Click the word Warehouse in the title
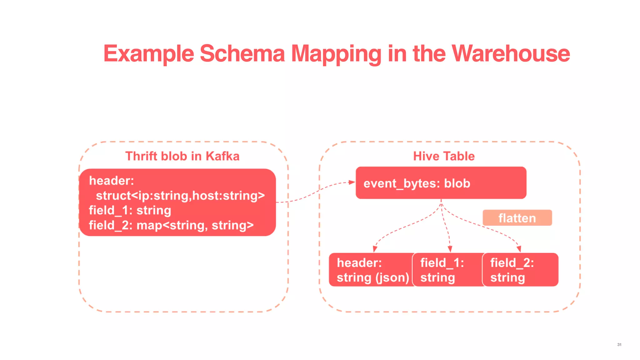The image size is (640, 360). pos(511,53)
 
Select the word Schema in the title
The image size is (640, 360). pos(242,53)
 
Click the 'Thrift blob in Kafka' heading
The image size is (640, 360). pos(182,156)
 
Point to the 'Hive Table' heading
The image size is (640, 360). pos(444,156)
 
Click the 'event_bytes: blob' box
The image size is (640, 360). pos(441,183)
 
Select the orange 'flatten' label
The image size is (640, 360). pos(517,218)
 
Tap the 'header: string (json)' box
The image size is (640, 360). pos(372,270)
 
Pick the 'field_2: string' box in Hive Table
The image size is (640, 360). pos(520,270)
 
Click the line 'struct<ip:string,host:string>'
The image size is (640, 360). pos(180,196)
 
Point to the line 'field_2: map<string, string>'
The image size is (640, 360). pos(171,225)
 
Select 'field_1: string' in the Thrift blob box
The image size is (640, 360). pos(130,210)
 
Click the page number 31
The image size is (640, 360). pos(619,344)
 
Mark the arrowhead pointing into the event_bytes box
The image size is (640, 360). pos(352,182)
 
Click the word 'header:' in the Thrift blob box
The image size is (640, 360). pos(112,181)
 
